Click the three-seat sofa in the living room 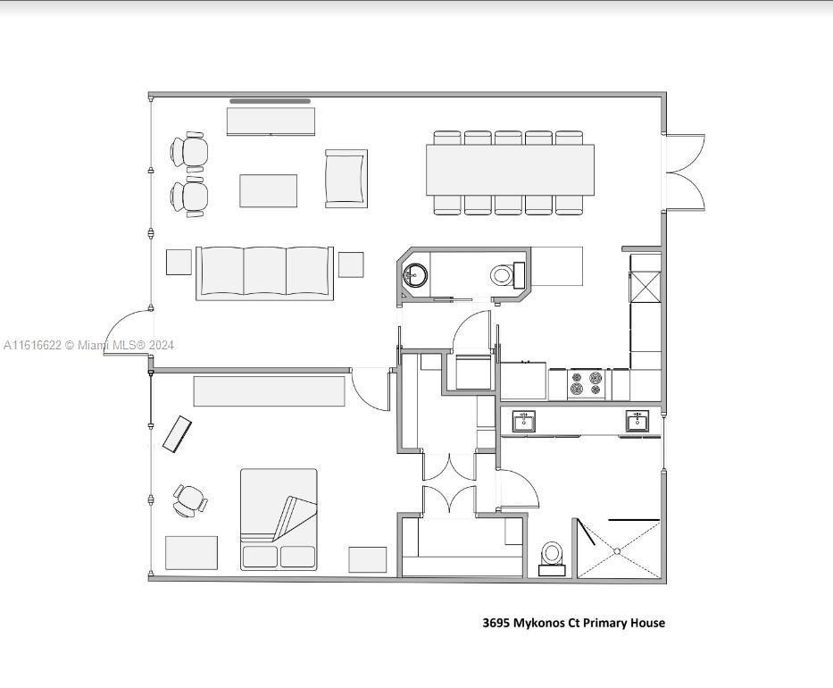point(264,273)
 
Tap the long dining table point(510,170)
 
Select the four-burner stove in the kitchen point(586,383)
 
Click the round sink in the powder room point(415,275)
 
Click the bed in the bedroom point(279,519)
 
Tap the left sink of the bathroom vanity point(524,422)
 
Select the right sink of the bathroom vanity point(637,422)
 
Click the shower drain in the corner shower point(617,551)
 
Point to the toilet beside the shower point(552,558)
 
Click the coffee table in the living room point(268,191)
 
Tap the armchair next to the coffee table point(346,179)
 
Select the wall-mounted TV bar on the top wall point(270,101)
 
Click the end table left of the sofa point(179,262)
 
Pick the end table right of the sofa point(351,264)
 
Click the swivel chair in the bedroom point(189,500)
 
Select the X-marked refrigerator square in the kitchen point(646,287)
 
